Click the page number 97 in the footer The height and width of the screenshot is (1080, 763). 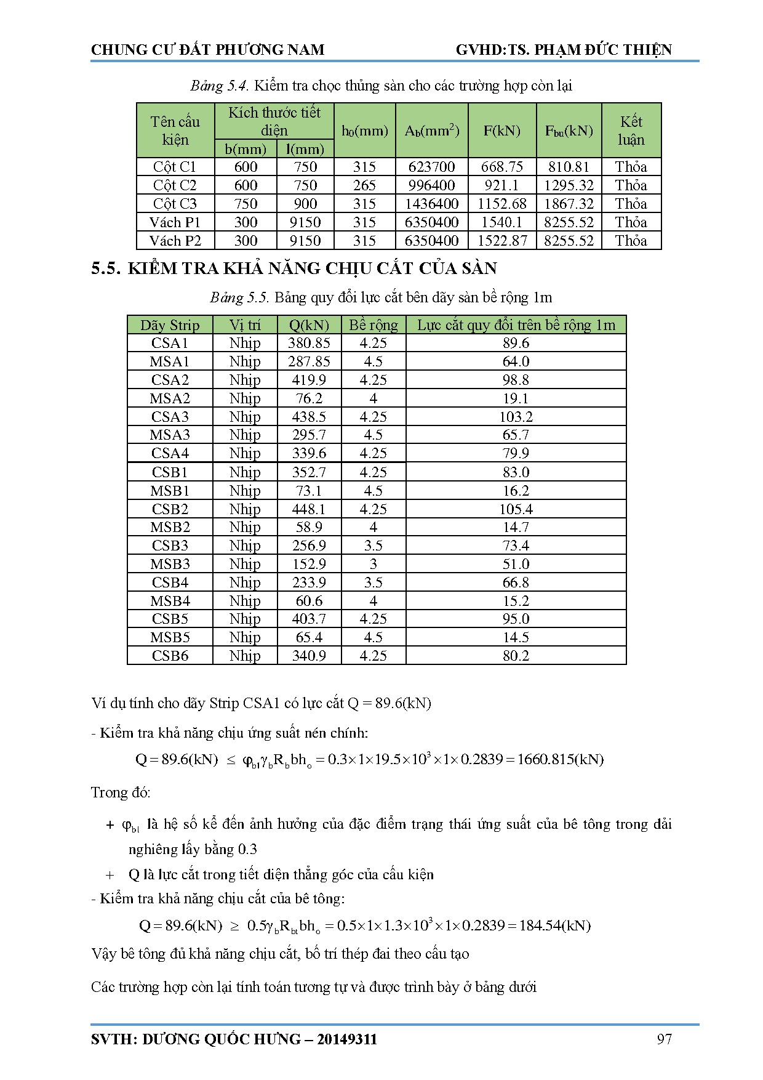pos(664,1039)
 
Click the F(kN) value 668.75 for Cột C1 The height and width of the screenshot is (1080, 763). pos(502,167)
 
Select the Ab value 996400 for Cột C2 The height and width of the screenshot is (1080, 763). pos(431,185)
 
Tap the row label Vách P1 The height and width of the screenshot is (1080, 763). pos(175,222)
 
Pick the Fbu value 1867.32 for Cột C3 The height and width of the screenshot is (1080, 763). pos(569,204)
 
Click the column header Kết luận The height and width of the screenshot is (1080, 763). pos(631,130)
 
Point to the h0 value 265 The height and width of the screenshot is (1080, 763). pos(364,185)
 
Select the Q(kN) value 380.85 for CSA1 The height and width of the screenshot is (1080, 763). pos(309,343)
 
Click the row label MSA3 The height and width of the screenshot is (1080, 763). pos(170,435)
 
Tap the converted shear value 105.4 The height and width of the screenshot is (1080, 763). pos(516,509)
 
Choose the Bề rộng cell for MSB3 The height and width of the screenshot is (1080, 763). pos(373,564)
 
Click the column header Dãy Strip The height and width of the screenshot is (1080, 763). pos(170,325)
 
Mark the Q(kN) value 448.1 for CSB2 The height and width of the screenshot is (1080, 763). pos(309,509)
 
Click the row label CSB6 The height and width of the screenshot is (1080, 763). pos(170,656)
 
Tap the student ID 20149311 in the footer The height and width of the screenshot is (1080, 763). pos(346,1039)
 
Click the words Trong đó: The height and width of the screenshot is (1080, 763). pos(121,792)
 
